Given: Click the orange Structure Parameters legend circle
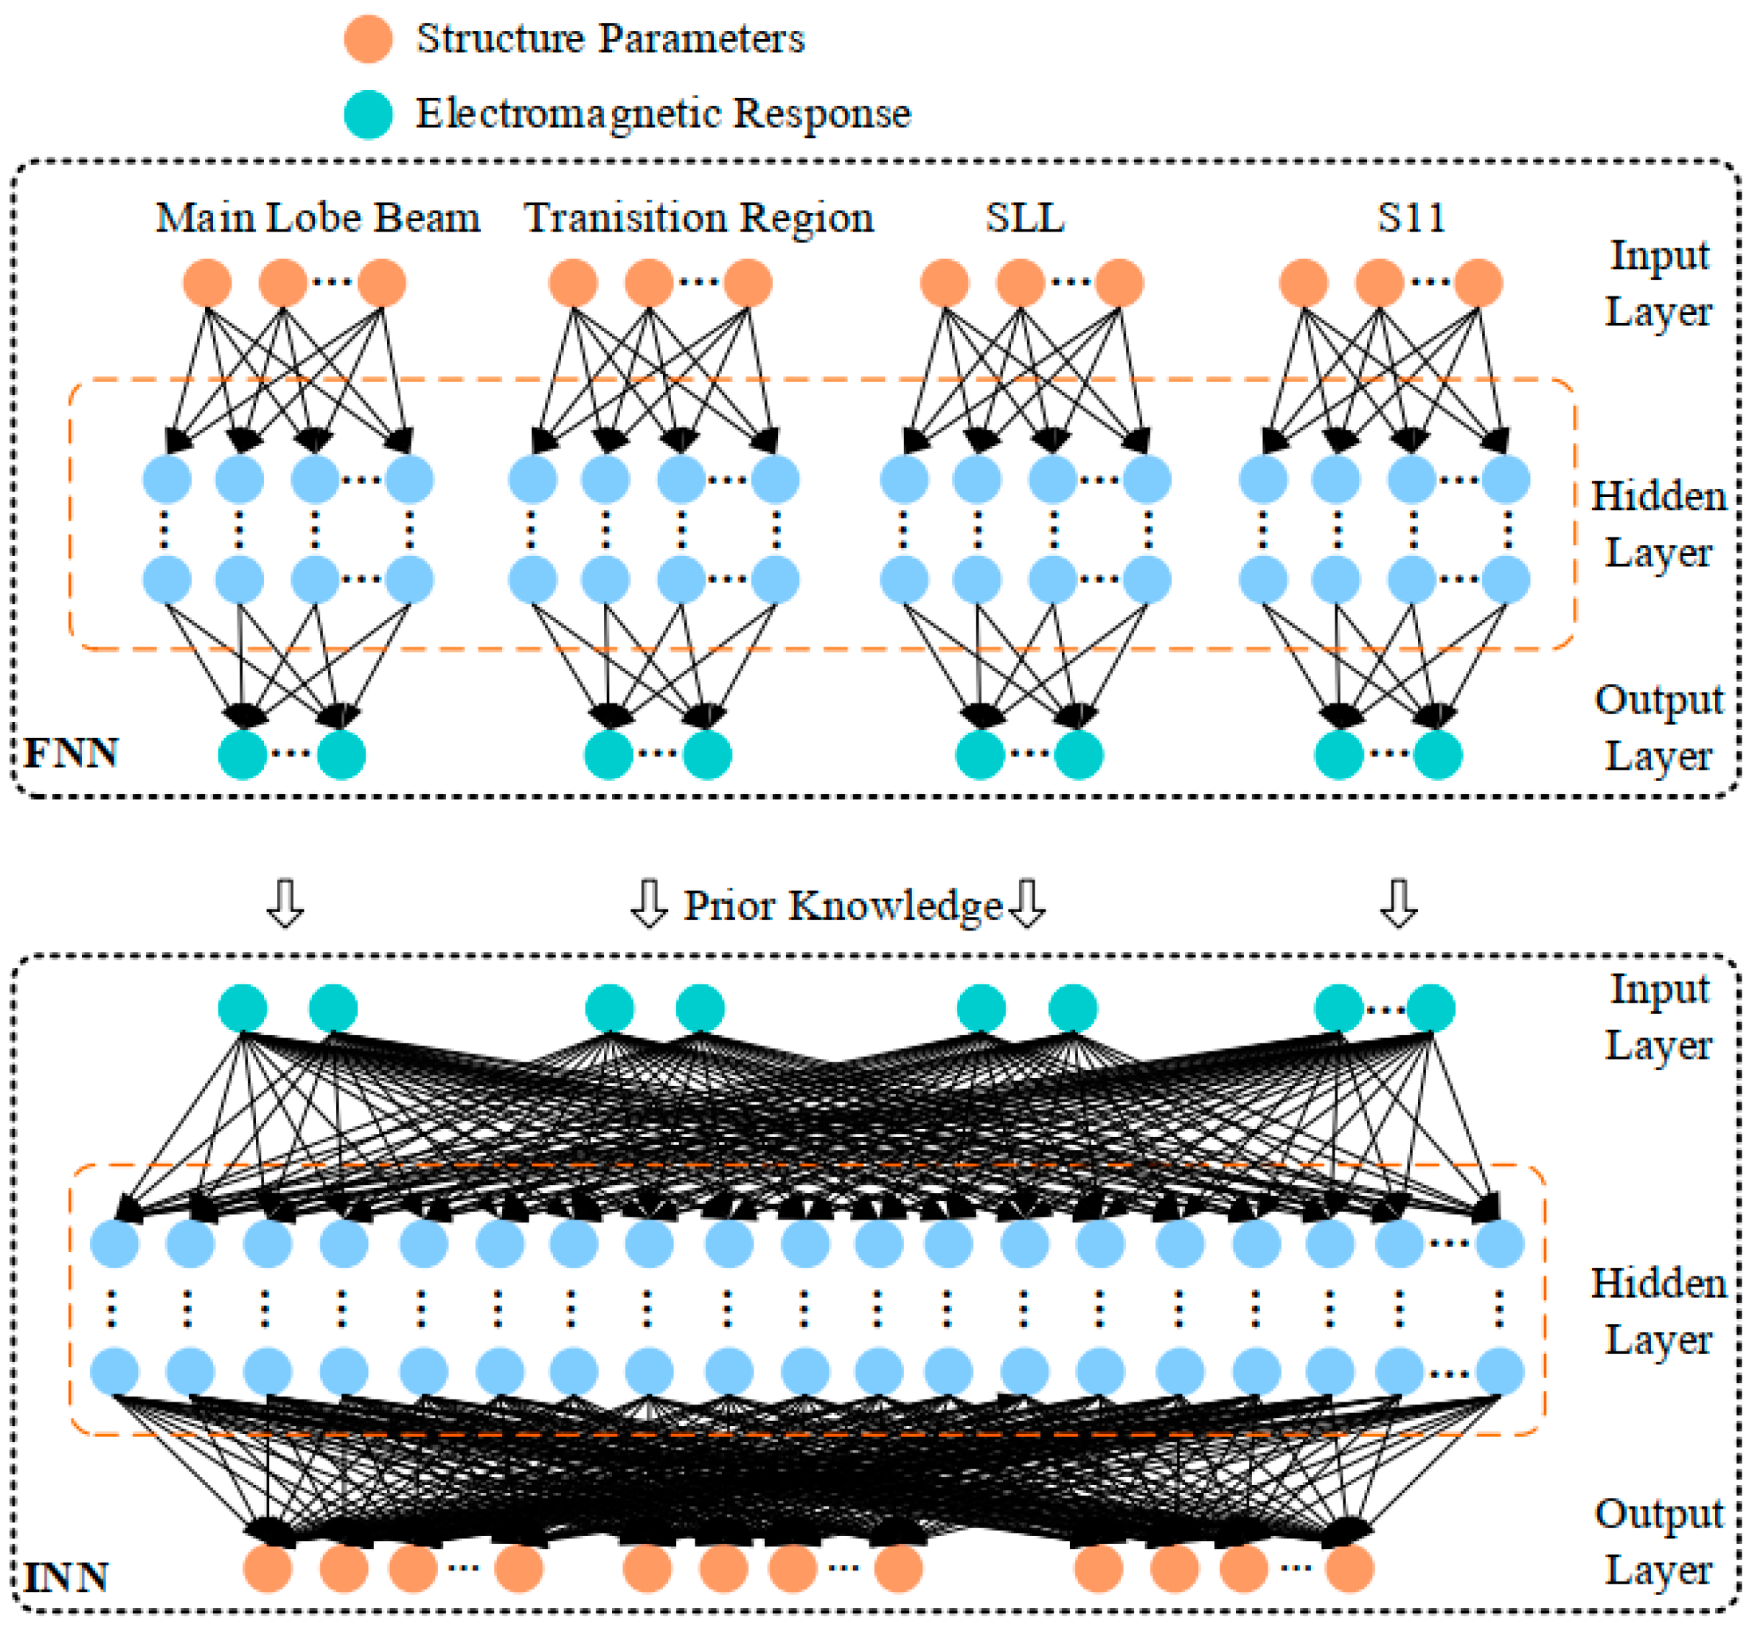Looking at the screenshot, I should click(367, 39).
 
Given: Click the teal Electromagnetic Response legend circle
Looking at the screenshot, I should click(367, 114).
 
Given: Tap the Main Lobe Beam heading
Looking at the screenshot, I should click(318, 218).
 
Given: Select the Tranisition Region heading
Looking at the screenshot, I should click(698, 218).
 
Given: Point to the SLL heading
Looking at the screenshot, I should click(1024, 218).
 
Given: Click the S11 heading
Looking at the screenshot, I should click(1411, 218).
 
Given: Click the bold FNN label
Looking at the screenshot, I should click(71, 754).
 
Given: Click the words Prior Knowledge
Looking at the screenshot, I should click(843, 905).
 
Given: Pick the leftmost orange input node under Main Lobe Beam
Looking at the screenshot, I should click(207, 283).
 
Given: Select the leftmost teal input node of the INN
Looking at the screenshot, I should click(243, 1008).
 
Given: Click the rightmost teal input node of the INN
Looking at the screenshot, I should click(1431, 1008).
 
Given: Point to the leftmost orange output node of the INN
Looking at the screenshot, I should click(268, 1568).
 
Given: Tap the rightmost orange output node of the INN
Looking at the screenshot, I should click(1349, 1568).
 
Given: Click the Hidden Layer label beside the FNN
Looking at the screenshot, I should click(1658, 525).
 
